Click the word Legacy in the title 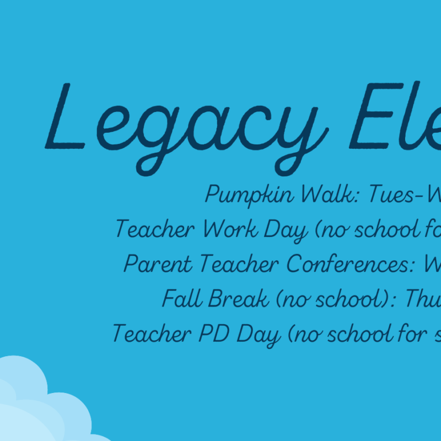tap(187, 129)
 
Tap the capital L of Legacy tap(64, 116)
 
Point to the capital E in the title tap(377, 116)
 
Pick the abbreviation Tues tap(391, 193)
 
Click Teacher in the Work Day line tap(155, 228)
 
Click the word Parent tap(158, 263)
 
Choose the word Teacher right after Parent tap(239, 263)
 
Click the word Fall tap(182, 298)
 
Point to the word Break tap(239, 298)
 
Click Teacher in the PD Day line tap(152, 333)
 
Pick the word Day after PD tap(259, 335)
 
